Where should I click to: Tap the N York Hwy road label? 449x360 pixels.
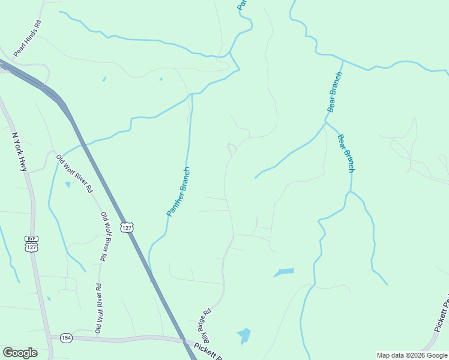pyautogui.click(x=19, y=151)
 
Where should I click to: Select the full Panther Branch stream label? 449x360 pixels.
pyautogui.click(x=178, y=191)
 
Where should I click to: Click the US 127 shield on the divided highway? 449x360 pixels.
pyautogui.click(x=126, y=227)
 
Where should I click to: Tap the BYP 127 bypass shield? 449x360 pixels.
pyautogui.click(x=32, y=244)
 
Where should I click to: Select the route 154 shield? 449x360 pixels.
pyautogui.click(x=66, y=338)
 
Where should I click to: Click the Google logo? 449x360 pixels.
pyautogui.click(x=20, y=353)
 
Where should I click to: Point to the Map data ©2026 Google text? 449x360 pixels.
pyautogui.click(x=412, y=355)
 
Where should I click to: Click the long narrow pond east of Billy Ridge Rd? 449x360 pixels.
pyautogui.click(x=285, y=272)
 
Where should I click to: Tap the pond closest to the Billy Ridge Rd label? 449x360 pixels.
pyautogui.click(x=244, y=335)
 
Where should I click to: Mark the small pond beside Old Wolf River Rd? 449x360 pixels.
pyautogui.click(x=68, y=184)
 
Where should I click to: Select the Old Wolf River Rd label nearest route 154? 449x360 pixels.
pyautogui.click(x=98, y=308)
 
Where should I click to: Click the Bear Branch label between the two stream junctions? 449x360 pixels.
pyautogui.click(x=334, y=92)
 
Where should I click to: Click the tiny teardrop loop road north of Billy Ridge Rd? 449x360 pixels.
pyautogui.click(x=231, y=147)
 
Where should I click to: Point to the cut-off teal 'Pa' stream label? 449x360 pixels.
pyautogui.click(x=241, y=4)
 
